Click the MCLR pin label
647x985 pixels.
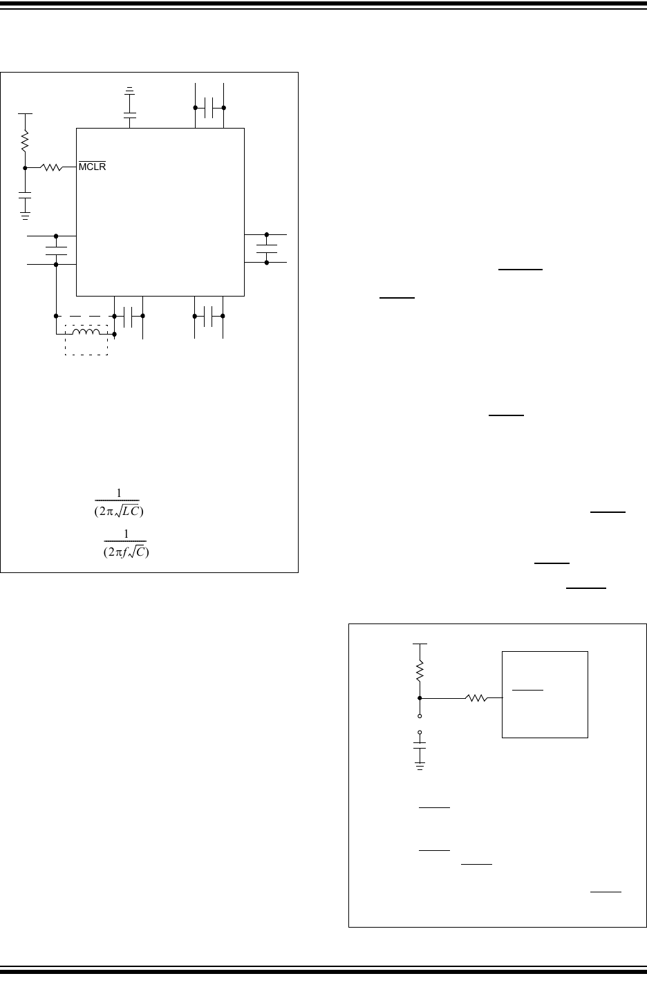point(93,166)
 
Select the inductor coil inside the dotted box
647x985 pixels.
point(86,332)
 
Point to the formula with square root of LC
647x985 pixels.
point(118,503)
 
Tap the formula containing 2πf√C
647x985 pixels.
point(126,543)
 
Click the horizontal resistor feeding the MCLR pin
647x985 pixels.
point(51,167)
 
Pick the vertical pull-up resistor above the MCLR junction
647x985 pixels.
point(25,141)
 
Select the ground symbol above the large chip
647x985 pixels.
point(129,91)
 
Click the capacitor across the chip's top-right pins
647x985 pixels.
point(209,108)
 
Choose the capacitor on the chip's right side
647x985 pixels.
point(267,249)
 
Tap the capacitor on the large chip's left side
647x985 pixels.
point(56,251)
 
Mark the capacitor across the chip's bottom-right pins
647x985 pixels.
point(208,316)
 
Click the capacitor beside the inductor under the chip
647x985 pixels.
point(128,317)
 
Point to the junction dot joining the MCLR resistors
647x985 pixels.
point(25,168)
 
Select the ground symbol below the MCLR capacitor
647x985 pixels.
point(25,216)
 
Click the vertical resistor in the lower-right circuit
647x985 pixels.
point(420,671)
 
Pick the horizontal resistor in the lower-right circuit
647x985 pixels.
point(476,698)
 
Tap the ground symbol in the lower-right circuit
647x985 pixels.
point(420,767)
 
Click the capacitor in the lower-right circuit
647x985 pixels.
point(420,745)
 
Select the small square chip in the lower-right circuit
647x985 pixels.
point(545,695)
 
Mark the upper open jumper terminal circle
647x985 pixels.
point(420,716)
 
